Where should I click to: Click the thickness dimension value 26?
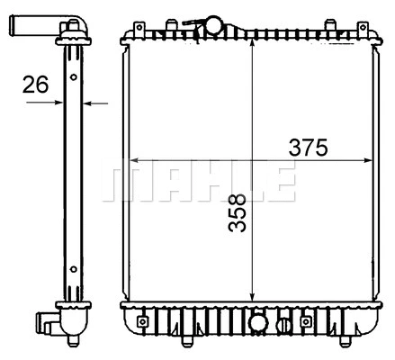[35, 85]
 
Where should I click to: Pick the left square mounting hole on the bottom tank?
[141, 320]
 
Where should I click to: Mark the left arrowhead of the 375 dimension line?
[135, 161]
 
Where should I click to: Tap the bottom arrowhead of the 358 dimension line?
[252, 297]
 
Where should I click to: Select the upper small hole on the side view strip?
[71, 78]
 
